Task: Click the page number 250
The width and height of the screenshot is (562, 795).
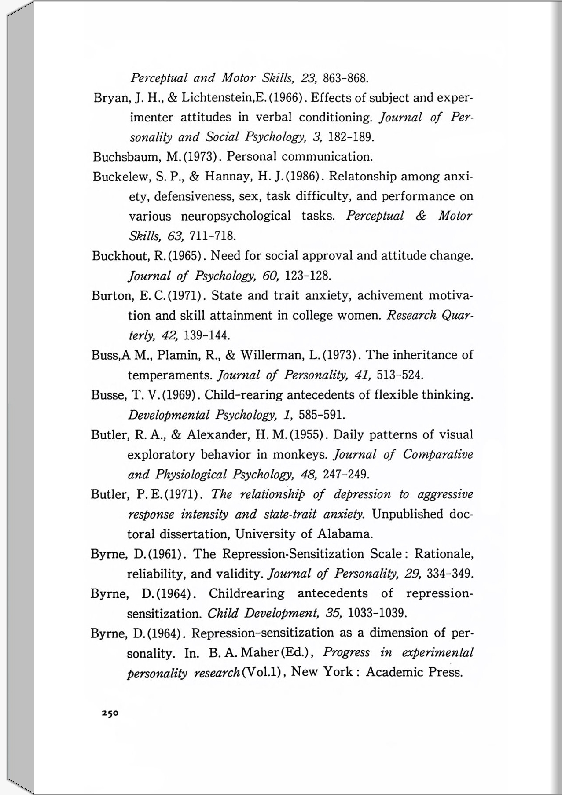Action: click(110, 714)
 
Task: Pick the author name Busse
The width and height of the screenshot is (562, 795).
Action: click(108, 395)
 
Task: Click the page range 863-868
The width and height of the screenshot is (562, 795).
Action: click(345, 78)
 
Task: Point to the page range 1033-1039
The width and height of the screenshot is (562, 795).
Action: click(377, 613)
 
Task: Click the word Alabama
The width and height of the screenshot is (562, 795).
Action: click(345, 534)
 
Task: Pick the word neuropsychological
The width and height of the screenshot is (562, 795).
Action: click(236, 216)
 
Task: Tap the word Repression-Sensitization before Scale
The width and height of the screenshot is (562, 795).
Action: click(293, 554)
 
